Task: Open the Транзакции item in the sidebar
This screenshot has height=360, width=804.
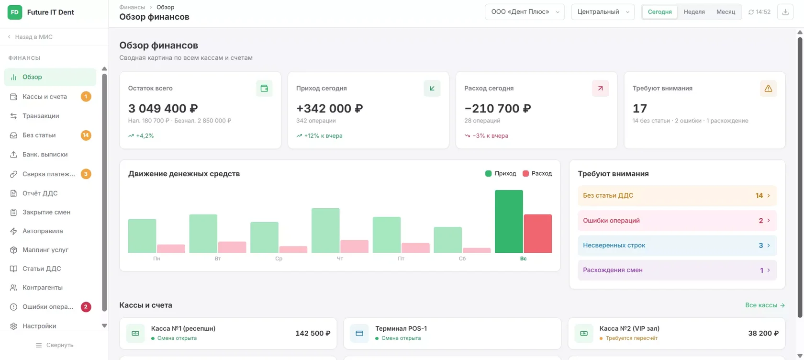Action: click(41, 116)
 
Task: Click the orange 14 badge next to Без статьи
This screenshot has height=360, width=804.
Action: click(86, 135)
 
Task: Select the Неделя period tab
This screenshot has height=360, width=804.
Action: click(694, 12)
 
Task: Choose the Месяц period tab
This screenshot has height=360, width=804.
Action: click(726, 12)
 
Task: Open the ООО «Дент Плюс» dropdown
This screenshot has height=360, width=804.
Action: click(525, 12)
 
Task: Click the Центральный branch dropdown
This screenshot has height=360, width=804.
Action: click(603, 12)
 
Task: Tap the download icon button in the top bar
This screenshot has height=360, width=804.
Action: click(785, 12)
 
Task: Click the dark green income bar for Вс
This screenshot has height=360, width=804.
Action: click(509, 222)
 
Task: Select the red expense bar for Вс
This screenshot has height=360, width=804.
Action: click(538, 234)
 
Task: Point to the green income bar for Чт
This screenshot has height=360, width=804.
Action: click(325, 230)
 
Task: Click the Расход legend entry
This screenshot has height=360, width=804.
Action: click(537, 174)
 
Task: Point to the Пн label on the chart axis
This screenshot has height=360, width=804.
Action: click(156, 259)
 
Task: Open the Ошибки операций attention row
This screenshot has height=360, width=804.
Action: click(677, 220)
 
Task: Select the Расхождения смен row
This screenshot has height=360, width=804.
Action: click(677, 270)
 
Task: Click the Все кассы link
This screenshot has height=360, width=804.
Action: click(765, 305)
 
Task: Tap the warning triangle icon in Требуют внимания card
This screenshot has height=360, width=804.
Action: click(768, 88)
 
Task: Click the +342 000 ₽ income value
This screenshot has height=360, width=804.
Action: click(329, 108)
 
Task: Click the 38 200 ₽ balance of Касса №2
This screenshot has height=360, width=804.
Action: click(763, 334)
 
